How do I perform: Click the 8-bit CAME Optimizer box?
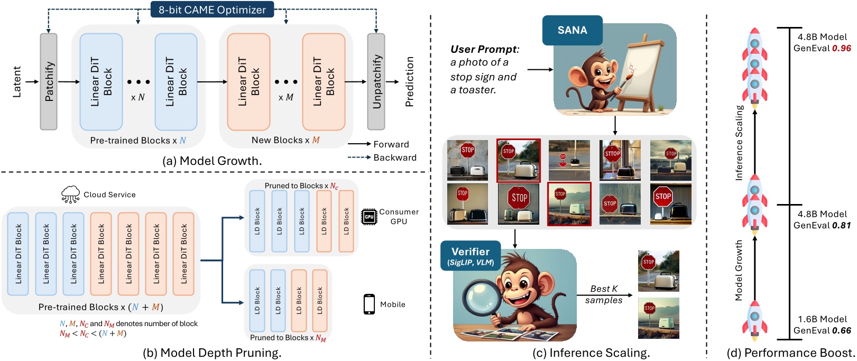click(x=212, y=10)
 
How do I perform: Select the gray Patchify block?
click(x=49, y=81)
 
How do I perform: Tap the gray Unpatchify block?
click(x=376, y=81)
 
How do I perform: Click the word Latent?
click(x=16, y=81)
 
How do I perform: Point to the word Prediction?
click(x=410, y=81)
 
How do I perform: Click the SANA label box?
click(x=572, y=30)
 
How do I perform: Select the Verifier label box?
click(x=470, y=256)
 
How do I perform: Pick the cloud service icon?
click(x=70, y=195)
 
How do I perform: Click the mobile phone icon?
click(x=369, y=304)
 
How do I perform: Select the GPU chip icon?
click(x=368, y=217)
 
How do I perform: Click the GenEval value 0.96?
click(x=841, y=48)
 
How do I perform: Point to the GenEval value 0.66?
click(x=841, y=331)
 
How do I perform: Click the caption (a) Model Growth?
click(x=212, y=161)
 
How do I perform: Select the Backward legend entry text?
click(x=395, y=158)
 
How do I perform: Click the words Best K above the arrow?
click(x=604, y=289)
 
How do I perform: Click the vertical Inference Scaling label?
click(x=740, y=143)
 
